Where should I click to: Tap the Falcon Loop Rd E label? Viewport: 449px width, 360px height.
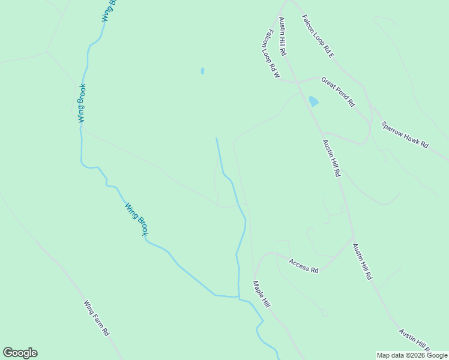point(318,37)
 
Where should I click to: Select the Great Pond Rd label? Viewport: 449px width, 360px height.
point(338,91)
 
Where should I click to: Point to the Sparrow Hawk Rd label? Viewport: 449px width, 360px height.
point(405,135)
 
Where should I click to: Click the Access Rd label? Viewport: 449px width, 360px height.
point(303,266)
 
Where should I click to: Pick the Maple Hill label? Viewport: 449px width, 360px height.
point(262,295)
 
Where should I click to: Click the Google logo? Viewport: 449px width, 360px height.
point(20,353)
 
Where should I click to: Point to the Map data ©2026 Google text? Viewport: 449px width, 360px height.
point(412,355)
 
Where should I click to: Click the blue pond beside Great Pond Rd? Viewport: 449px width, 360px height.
point(313,101)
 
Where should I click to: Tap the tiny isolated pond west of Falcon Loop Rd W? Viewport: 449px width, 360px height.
point(202,71)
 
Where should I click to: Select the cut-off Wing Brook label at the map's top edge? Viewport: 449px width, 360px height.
point(108,11)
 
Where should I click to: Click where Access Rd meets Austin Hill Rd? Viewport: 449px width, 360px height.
point(353,239)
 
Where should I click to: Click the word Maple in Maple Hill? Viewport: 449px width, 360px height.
point(259,290)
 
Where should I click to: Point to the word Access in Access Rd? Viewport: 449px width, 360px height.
point(298,264)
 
